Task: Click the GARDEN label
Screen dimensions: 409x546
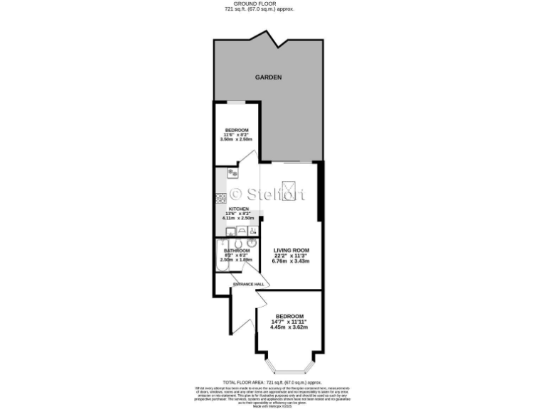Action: [269, 77]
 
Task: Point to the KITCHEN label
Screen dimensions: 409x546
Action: [238, 209]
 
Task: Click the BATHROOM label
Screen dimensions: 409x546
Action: [237, 251]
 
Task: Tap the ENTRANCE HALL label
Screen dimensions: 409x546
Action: [248, 284]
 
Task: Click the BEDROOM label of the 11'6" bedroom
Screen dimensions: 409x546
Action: [237, 129]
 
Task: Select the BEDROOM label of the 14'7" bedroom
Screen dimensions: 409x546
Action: [289, 316]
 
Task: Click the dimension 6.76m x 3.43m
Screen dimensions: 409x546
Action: [291, 261]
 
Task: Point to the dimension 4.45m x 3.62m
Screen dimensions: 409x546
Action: [289, 327]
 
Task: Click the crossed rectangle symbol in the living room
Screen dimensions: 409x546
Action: [289, 189]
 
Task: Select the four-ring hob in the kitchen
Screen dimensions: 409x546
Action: [232, 173]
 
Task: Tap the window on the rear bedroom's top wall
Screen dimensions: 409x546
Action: [237, 103]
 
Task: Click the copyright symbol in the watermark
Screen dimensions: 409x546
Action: [235, 193]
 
